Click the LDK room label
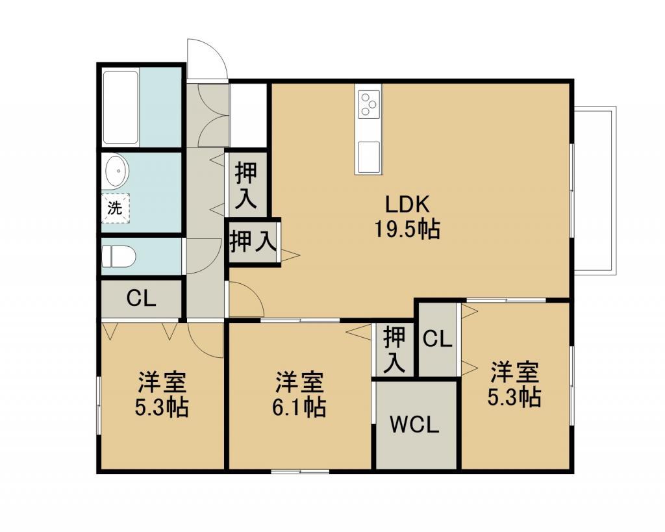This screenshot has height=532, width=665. click(407, 205)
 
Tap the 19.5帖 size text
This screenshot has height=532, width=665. click(407, 229)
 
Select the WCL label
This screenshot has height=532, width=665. click(414, 426)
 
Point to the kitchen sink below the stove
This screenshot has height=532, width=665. click(368, 155)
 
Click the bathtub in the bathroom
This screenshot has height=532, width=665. click(121, 107)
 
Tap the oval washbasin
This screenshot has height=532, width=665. click(117, 171)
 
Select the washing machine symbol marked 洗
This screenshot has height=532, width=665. click(115, 209)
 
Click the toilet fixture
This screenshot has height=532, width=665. click(119, 256)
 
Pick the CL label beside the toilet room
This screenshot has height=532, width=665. click(141, 299)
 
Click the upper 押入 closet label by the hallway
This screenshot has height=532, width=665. click(245, 185)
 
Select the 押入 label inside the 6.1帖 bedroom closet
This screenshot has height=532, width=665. click(394, 349)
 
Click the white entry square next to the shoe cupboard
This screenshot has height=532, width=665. click(249, 115)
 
